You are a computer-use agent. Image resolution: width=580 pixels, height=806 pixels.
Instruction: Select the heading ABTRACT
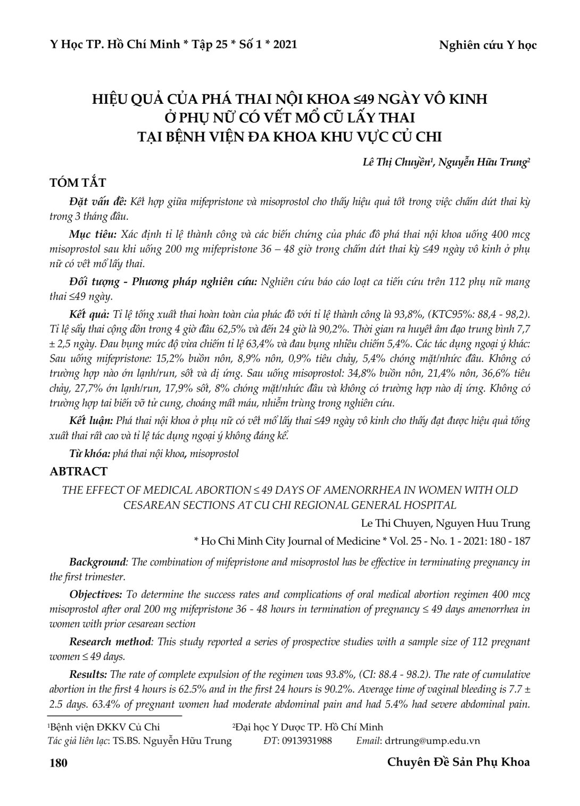tap(78, 471)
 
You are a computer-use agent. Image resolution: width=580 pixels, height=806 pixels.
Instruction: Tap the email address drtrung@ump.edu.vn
tap(433, 741)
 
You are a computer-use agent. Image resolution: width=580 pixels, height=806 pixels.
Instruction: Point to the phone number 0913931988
tap(307, 741)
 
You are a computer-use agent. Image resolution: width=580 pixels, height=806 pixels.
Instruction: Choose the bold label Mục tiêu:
tap(93, 235)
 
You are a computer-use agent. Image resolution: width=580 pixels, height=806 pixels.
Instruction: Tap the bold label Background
tap(98, 562)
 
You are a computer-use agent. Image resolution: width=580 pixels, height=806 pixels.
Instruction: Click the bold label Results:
tap(89, 675)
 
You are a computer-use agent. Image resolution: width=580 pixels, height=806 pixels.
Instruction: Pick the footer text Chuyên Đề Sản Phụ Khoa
tap(458, 762)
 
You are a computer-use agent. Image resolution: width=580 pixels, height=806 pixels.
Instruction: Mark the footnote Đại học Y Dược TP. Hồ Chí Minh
tap(309, 727)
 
